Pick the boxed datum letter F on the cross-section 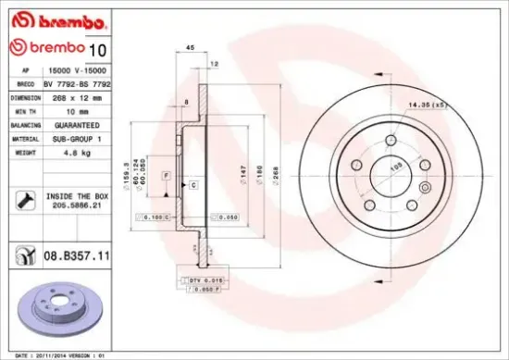tap(166, 175)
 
